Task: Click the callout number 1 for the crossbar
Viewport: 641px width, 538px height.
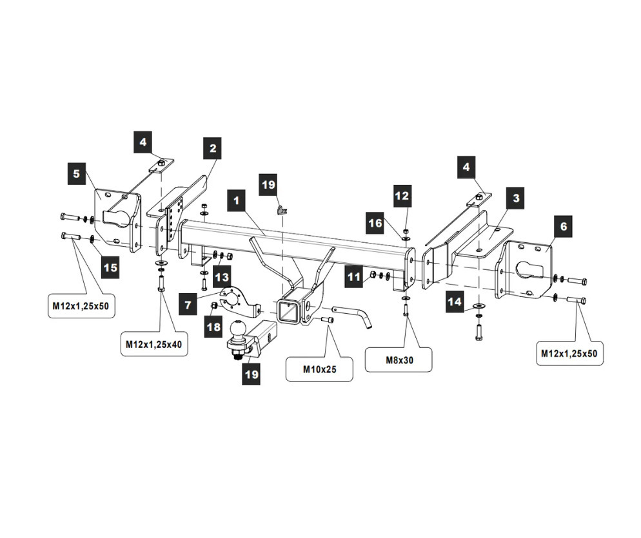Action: pyautogui.click(x=236, y=200)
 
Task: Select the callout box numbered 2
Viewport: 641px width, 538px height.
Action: pyautogui.click(x=213, y=148)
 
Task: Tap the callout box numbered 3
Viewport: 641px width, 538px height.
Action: pyautogui.click(x=515, y=198)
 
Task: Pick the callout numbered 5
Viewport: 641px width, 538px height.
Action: pyautogui.click(x=77, y=173)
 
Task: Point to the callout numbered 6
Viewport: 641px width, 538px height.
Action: pyautogui.click(x=564, y=226)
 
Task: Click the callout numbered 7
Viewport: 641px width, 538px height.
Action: pyautogui.click(x=188, y=305)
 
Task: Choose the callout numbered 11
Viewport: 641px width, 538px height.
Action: pyautogui.click(x=353, y=277)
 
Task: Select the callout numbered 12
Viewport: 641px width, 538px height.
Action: pyautogui.click(x=402, y=196)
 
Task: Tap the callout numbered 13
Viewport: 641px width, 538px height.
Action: pyautogui.click(x=222, y=277)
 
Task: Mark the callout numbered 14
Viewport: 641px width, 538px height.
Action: pyautogui.click(x=455, y=302)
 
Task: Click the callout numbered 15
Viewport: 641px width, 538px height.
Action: pyautogui.click(x=110, y=267)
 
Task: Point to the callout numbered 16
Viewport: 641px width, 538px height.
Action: pyautogui.click(x=375, y=223)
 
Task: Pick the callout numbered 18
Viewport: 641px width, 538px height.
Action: pyautogui.click(x=214, y=327)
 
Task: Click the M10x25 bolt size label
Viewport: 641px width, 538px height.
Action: pyautogui.click(x=319, y=369)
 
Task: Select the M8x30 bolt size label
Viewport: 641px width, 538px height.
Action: pyautogui.click(x=399, y=360)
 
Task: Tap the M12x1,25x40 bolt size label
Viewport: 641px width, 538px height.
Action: pyautogui.click(x=153, y=344)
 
